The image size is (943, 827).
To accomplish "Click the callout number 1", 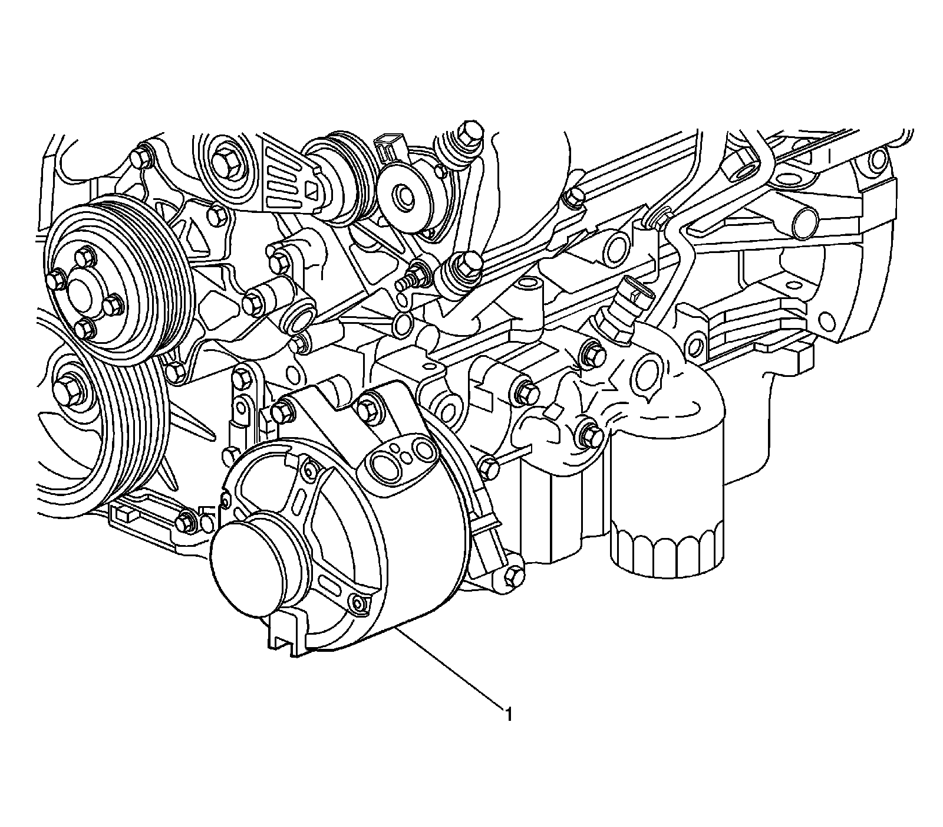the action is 507,714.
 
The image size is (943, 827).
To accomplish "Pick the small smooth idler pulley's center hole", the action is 405,198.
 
